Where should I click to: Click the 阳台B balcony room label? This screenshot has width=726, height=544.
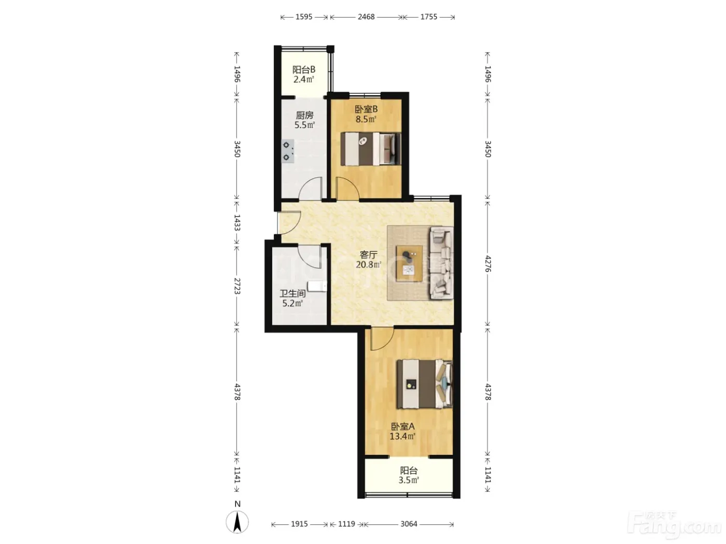[x=304, y=70]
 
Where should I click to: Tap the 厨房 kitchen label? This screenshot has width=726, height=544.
[x=304, y=115]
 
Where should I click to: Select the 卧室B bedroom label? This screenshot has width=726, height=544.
[x=366, y=109]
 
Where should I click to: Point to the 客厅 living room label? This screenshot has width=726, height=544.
[x=369, y=255]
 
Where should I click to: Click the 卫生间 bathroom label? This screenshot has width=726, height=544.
[x=292, y=293]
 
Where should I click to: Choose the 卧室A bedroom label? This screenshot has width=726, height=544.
[x=402, y=426]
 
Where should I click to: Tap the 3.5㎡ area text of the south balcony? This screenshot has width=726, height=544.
[x=409, y=480]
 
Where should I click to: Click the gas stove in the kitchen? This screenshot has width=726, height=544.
[x=288, y=151]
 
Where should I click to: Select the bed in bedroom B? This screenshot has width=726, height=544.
[x=371, y=149]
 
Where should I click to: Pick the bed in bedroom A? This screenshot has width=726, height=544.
[x=425, y=384]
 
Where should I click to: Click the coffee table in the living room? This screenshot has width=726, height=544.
[x=410, y=264]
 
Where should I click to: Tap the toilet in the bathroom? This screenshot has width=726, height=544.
[x=317, y=287]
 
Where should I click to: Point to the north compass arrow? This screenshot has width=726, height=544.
[x=237, y=522]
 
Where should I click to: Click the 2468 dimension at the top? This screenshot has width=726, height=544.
[x=366, y=17]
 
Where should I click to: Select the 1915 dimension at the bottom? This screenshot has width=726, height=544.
[x=299, y=524]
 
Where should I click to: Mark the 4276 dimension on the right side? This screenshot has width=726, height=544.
[x=488, y=264]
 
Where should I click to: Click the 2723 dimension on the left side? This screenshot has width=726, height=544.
[x=237, y=286]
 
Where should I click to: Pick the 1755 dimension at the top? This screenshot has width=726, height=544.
[x=429, y=17]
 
